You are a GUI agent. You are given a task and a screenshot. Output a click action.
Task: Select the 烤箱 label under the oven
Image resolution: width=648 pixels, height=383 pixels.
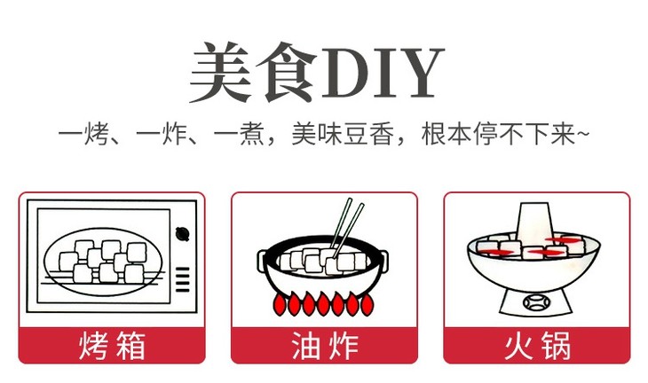pyautogui.click(x=112, y=345)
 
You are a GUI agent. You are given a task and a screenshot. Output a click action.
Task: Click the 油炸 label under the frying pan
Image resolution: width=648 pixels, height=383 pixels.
pyautogui.click(x=324, y=345)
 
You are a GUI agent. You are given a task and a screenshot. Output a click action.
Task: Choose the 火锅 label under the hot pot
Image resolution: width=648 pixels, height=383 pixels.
pyautogui.click(x=536, y=345)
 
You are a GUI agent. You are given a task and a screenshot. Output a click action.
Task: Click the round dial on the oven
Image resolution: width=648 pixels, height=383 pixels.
pyautogui.click(x=184, y=234)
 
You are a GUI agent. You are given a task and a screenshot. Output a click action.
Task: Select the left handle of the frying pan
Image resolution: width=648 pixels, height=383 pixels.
pyautogui.click(x=264, y=257)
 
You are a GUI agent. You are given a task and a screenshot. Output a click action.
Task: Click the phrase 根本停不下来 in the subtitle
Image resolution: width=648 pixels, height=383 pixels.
pyautogui.click(x=494, y=136)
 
